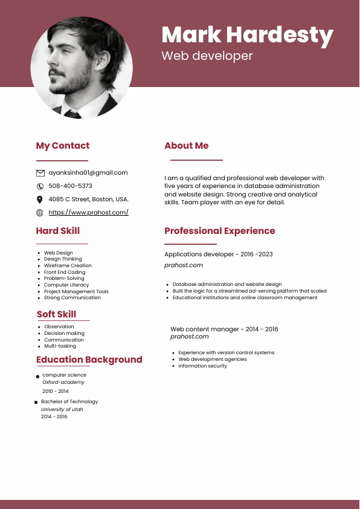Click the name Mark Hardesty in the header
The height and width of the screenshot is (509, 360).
tap(247, 35)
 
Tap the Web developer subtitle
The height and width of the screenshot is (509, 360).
tap(207, 56)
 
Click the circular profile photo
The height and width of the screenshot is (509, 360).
tap(82, 67)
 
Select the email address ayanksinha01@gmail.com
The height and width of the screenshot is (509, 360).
tap(88, 173)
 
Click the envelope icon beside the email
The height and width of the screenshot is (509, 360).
tap(40, 173)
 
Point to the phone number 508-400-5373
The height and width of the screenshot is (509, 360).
tap(70, 186)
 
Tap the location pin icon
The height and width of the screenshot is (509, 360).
tap(40, 199)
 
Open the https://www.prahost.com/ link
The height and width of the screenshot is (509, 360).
tap(88, 213)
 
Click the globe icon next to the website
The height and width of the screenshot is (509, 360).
tap(40, 213)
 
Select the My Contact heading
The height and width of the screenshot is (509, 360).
tap(62, 146)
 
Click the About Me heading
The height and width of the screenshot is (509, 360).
tap(186, 146)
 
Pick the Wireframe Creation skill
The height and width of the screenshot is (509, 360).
tap(68, 266)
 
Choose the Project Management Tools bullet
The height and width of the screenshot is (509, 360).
tap(76, 291)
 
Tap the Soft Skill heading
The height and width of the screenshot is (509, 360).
tap(56, 314)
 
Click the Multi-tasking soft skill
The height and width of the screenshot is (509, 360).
tap(60, 346)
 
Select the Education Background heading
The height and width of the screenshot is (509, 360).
tap(89, 360)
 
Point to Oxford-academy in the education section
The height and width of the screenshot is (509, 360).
tap(63, 383)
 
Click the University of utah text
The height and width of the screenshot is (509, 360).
tap(62, 409)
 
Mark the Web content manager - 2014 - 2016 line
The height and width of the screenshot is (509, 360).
tap(224, 329)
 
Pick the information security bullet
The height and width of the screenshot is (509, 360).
tap(202, 366)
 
